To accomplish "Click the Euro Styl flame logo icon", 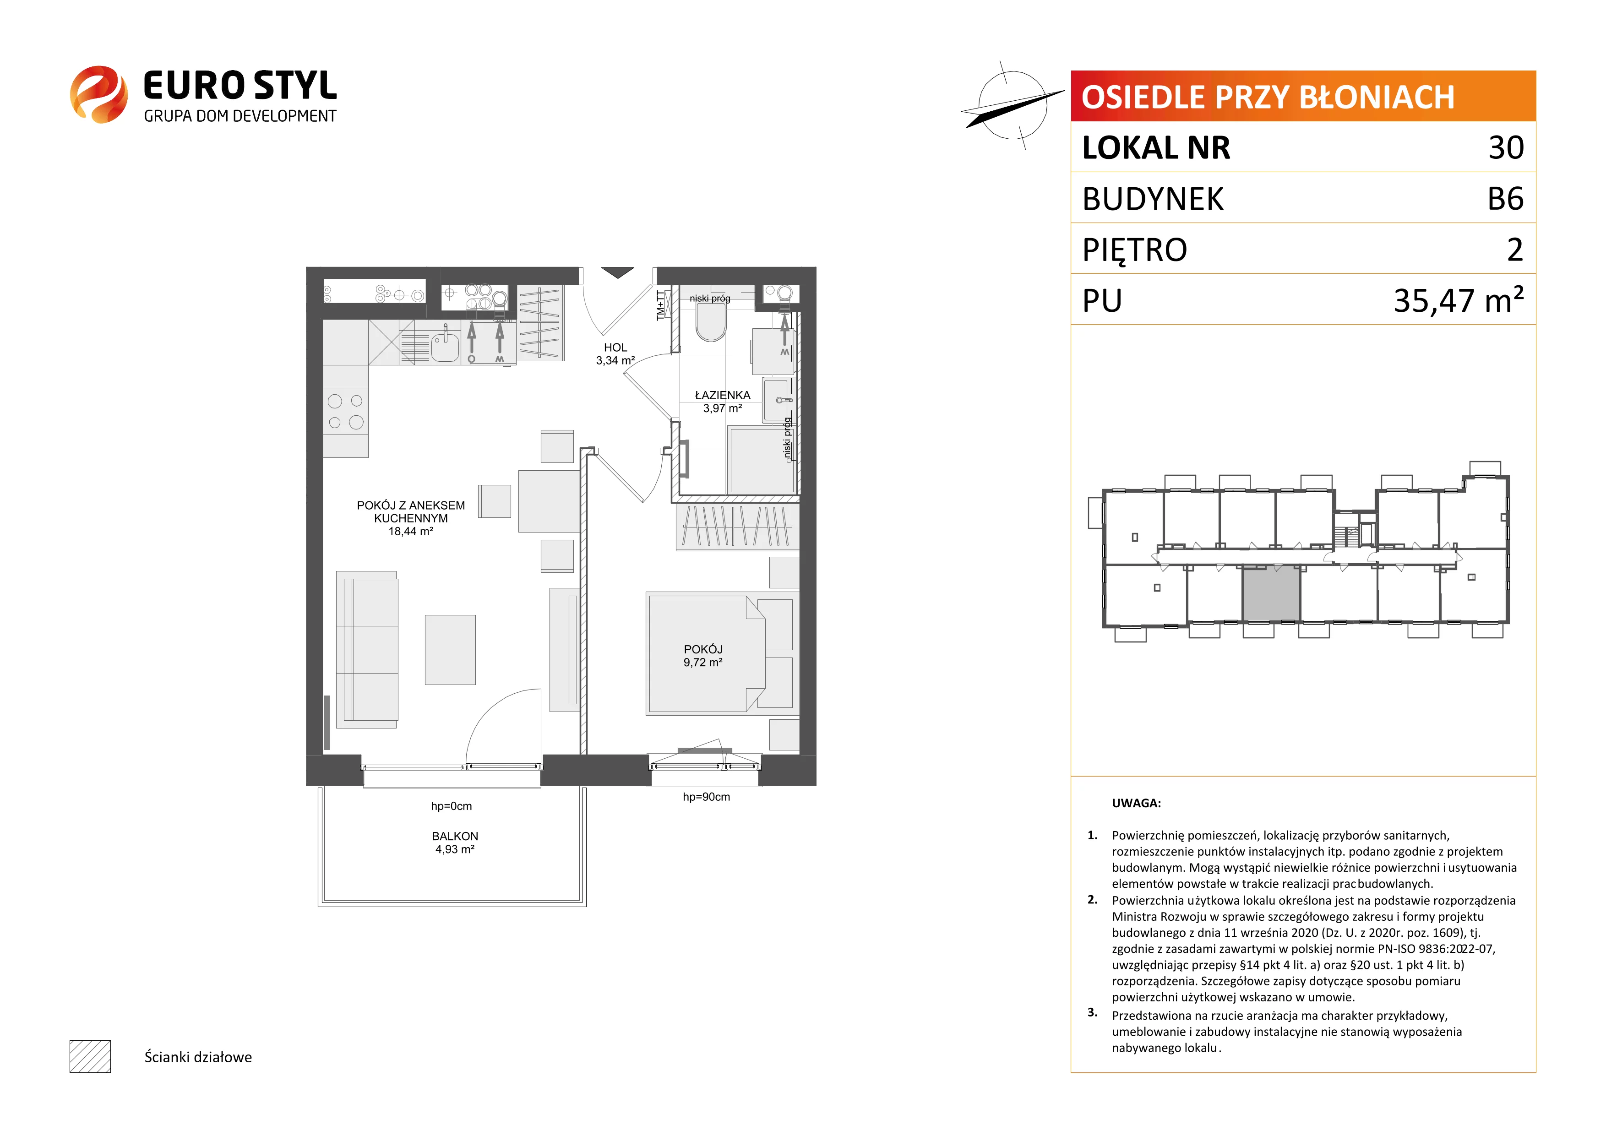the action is pyautogui.click(x=98, y=94).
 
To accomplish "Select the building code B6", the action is pyautogui.click(x=1505, y=199).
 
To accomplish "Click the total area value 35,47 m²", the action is pyautogui.click(x=1459, y=300).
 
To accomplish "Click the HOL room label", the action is pyautogui.click(x=615, y=348).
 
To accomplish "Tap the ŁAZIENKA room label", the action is pyautogui.click(x=723, y=395).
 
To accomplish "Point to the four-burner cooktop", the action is pyautogui.click(x=346, y=411).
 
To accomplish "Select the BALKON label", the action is pyautogui.click(x=455, y=837).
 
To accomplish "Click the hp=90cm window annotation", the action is pyautogui.click(x=707, y=797).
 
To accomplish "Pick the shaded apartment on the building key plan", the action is pyautogui.click(x=1271, y=593).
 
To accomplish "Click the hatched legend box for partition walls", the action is pyautogui.click(x=90, y=1056).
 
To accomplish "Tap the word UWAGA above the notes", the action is pyautogui.click(x=1136, y=803).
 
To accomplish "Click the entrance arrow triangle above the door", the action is pyautogui.click(x=618, y=272).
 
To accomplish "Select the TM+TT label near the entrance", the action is pyautogui.click(x=661, y=306).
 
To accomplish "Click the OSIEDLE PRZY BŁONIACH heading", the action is pyautogui.click(x=1268, y=97).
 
